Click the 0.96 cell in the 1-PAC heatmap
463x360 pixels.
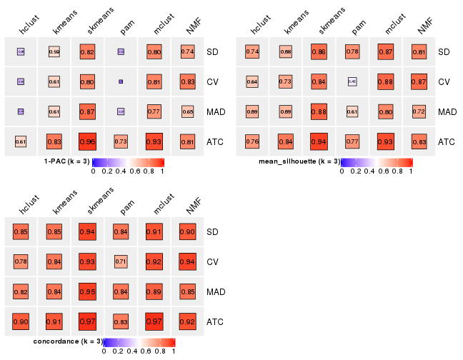point(87,141)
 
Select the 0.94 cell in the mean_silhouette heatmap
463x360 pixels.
point(319,141)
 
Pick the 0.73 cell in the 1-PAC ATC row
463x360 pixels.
point(121,141)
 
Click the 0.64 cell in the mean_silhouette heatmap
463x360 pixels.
point(252,81)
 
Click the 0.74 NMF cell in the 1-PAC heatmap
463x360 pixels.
point(188,51)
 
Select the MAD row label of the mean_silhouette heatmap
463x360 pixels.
point(447,111)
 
